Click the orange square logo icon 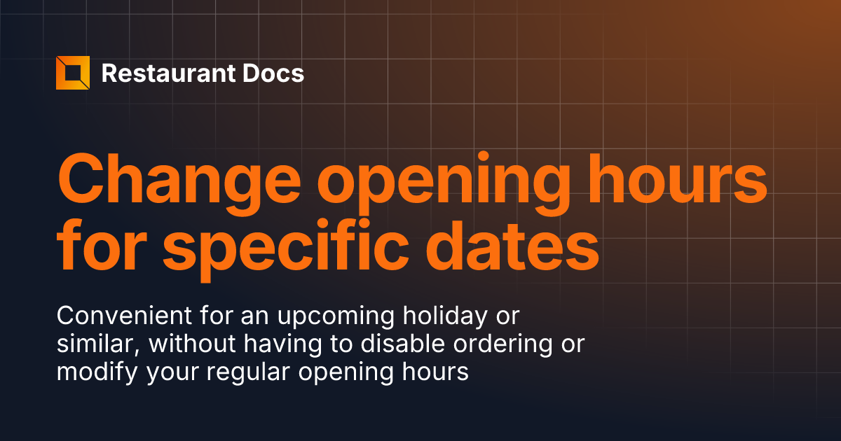73,73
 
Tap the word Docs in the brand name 278,73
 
